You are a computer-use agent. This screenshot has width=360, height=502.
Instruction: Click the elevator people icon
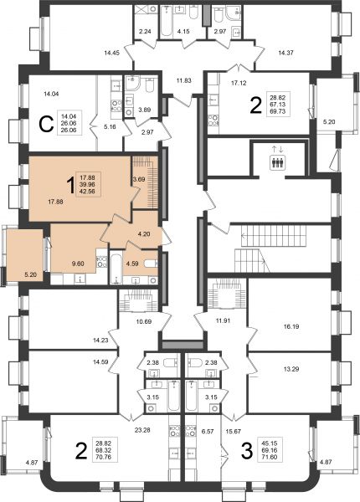click(278, 162)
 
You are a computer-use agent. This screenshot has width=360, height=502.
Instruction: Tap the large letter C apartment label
click(46, 124)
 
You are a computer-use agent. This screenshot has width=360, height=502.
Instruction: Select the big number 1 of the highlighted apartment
click(69, 186)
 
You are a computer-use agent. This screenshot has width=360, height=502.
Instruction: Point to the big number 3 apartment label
click(247, 451)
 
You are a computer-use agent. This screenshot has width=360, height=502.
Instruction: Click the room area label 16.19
click(291, 327)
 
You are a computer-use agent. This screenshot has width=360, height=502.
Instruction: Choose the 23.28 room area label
click(142, 430)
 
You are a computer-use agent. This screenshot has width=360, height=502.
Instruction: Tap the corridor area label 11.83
click(184, 80)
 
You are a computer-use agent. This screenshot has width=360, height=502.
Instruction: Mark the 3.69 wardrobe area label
click(139, 179)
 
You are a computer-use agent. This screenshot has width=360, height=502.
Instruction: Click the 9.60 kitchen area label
click(78, 264)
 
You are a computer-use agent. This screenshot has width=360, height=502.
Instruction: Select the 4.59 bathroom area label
click(132, 264)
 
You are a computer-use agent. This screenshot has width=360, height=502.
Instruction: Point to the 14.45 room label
click(112, 53)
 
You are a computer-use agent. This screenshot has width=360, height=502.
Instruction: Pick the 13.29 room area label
click(291, 369)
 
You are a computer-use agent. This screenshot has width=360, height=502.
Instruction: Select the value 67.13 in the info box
click(278, 105)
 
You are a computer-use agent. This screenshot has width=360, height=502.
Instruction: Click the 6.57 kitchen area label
click(208, 431)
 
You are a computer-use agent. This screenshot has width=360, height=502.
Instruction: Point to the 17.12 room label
click(239, 83)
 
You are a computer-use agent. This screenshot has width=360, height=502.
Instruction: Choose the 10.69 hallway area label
click(143, 321)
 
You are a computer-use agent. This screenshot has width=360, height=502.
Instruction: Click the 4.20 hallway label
click(144, 234)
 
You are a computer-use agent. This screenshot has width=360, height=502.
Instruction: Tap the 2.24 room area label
click(145, 32)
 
